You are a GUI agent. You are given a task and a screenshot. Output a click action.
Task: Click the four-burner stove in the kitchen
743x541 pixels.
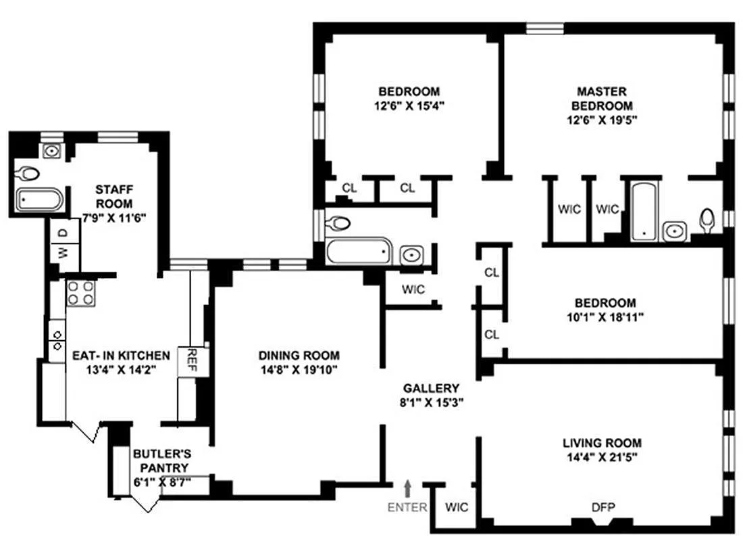click(80, 293)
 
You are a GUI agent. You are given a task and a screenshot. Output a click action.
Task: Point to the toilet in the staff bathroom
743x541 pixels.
click(28, 173)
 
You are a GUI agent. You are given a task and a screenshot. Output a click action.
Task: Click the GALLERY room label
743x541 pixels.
click(431, 388)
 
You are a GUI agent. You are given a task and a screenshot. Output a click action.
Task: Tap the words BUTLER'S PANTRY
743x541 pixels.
click(161, 461)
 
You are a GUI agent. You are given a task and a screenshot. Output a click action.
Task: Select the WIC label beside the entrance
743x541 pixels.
click(457, 508)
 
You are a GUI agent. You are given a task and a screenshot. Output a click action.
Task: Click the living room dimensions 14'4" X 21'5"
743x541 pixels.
click(602, 457)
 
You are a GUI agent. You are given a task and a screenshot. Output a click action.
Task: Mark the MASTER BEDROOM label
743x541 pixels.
click(602, 98)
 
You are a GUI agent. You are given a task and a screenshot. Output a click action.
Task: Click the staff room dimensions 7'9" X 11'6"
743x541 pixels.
click(113, 218)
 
